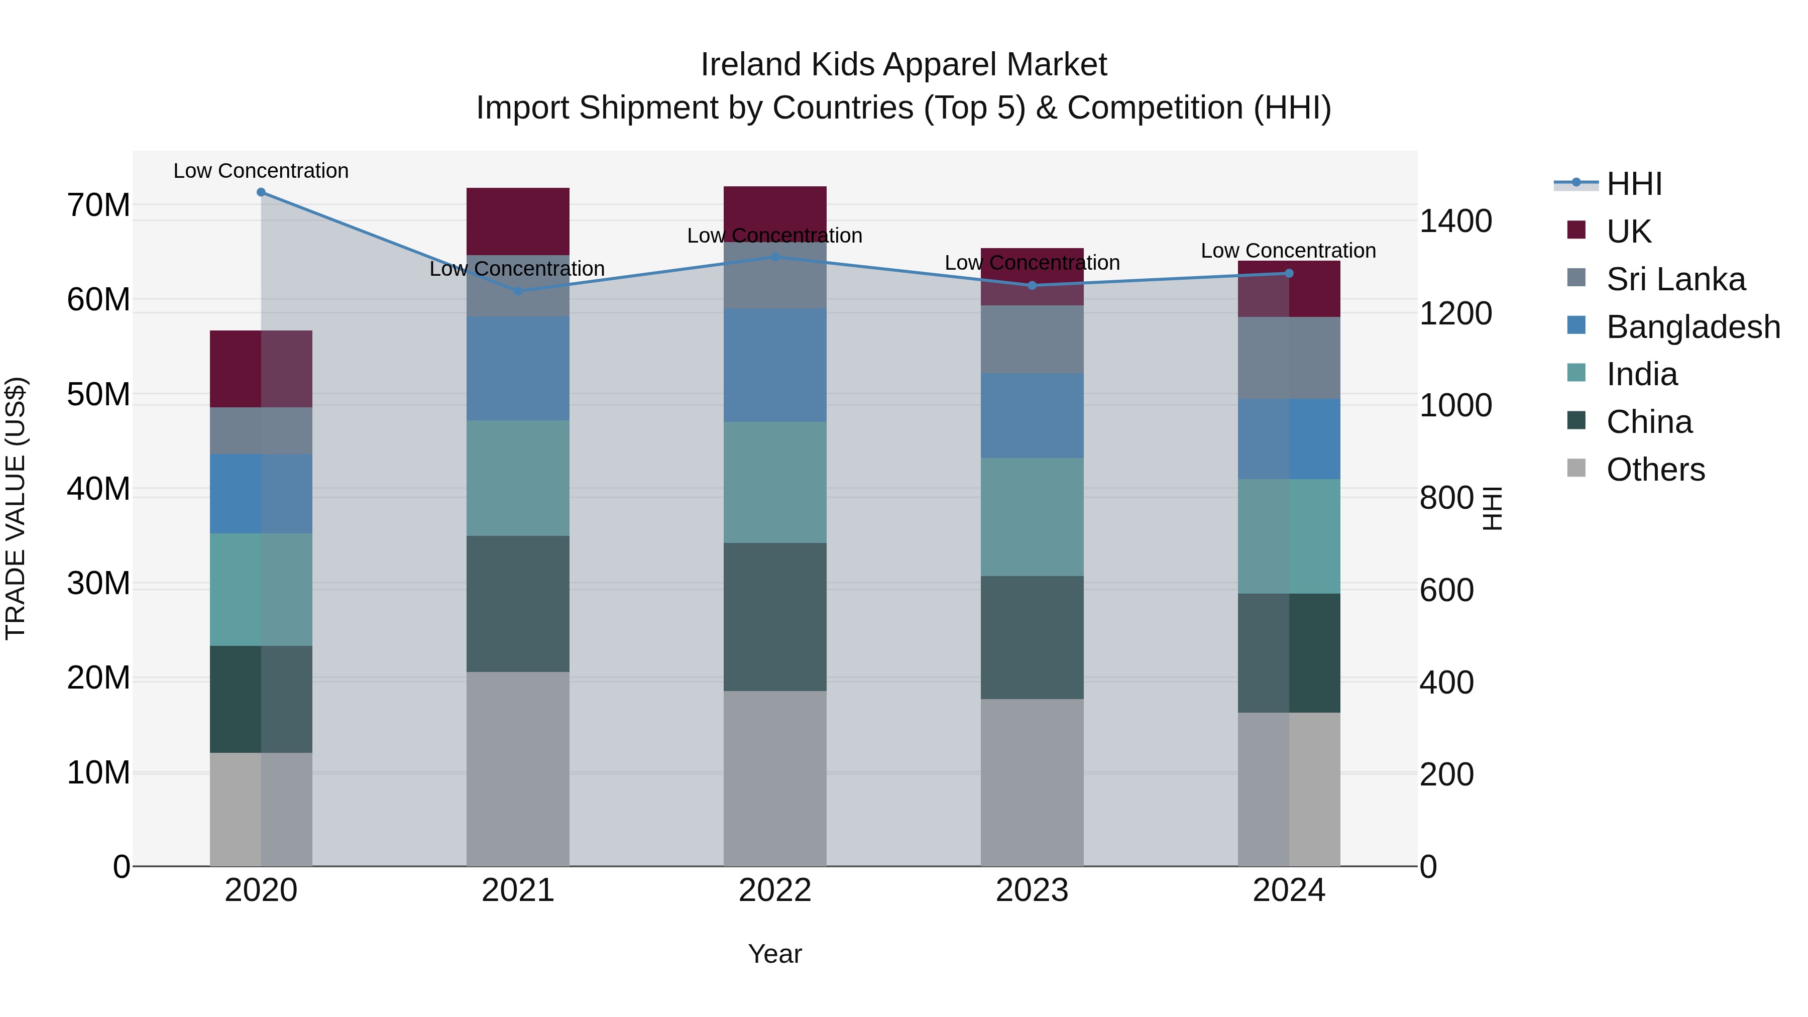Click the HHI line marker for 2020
(x=261, y=192)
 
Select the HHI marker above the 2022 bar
(x=775, y=257)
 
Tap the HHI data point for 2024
(x=1289, y=273)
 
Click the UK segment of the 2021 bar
(x=518, y=221)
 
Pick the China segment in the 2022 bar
(x=775, y=616)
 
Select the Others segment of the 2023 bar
(x=1032, y=782)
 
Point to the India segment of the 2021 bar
(x=518, y=478)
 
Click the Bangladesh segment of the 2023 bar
(x=1032, y=415)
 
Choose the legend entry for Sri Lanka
(x=1675, y=279)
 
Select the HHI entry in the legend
(x=1633, y=184)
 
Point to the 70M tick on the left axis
(x=98, y=205)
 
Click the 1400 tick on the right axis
(x=1455, y=221)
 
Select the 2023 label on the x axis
(x=1032, y=890)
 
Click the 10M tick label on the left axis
(x=98, y=773)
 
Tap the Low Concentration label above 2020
(x=261, y=171)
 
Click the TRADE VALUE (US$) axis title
(x=16, y=508)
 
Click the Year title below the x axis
(x=775, y=954)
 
